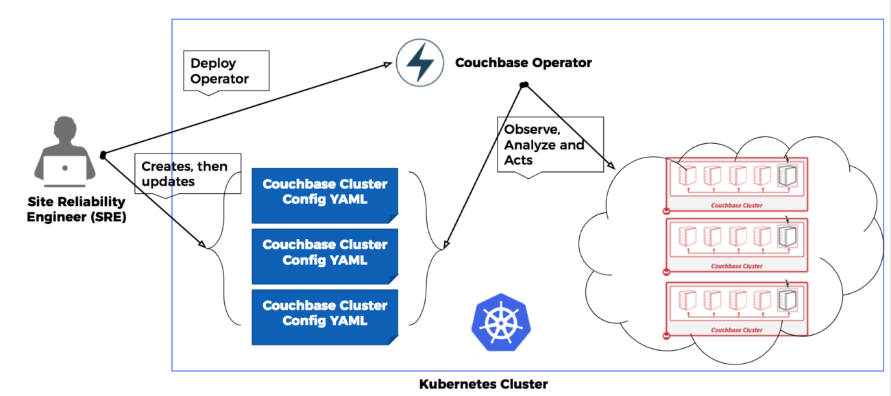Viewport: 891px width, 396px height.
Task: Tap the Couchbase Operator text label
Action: pos(523,63)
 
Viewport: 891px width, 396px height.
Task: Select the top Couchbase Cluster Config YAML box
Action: pos(324,193)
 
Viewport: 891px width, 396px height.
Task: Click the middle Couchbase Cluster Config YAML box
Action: pos(324,253)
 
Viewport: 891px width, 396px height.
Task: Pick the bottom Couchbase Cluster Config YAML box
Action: pos(324,313)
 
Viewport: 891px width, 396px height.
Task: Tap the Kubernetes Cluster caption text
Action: pos(483,384)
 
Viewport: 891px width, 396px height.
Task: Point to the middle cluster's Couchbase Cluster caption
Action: pos(737,267)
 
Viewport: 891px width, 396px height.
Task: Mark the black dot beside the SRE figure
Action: pos(103,156)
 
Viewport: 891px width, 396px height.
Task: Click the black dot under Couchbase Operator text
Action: pos(524,85)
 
